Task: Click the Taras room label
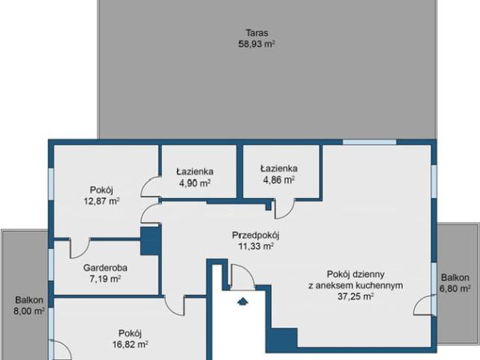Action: point(256,33)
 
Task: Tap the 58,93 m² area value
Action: point(256,43)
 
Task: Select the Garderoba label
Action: point(105,268)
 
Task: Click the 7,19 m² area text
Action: point(105,279)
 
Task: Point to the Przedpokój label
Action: point(256,235)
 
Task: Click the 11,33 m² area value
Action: point(256,246)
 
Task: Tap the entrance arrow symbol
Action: point(243,301)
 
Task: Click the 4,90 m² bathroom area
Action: point(195,183)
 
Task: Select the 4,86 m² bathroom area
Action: point(279,180)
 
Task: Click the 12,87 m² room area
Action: point(102,201)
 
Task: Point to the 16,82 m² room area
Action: point(130,344)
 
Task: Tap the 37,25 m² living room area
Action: point(355,296)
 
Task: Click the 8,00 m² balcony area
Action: point(29,311)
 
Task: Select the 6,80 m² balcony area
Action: point(455,288)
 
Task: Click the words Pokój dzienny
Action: point(355,274)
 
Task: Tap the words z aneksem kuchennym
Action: point(355,285)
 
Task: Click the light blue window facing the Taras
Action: point(370,142)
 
